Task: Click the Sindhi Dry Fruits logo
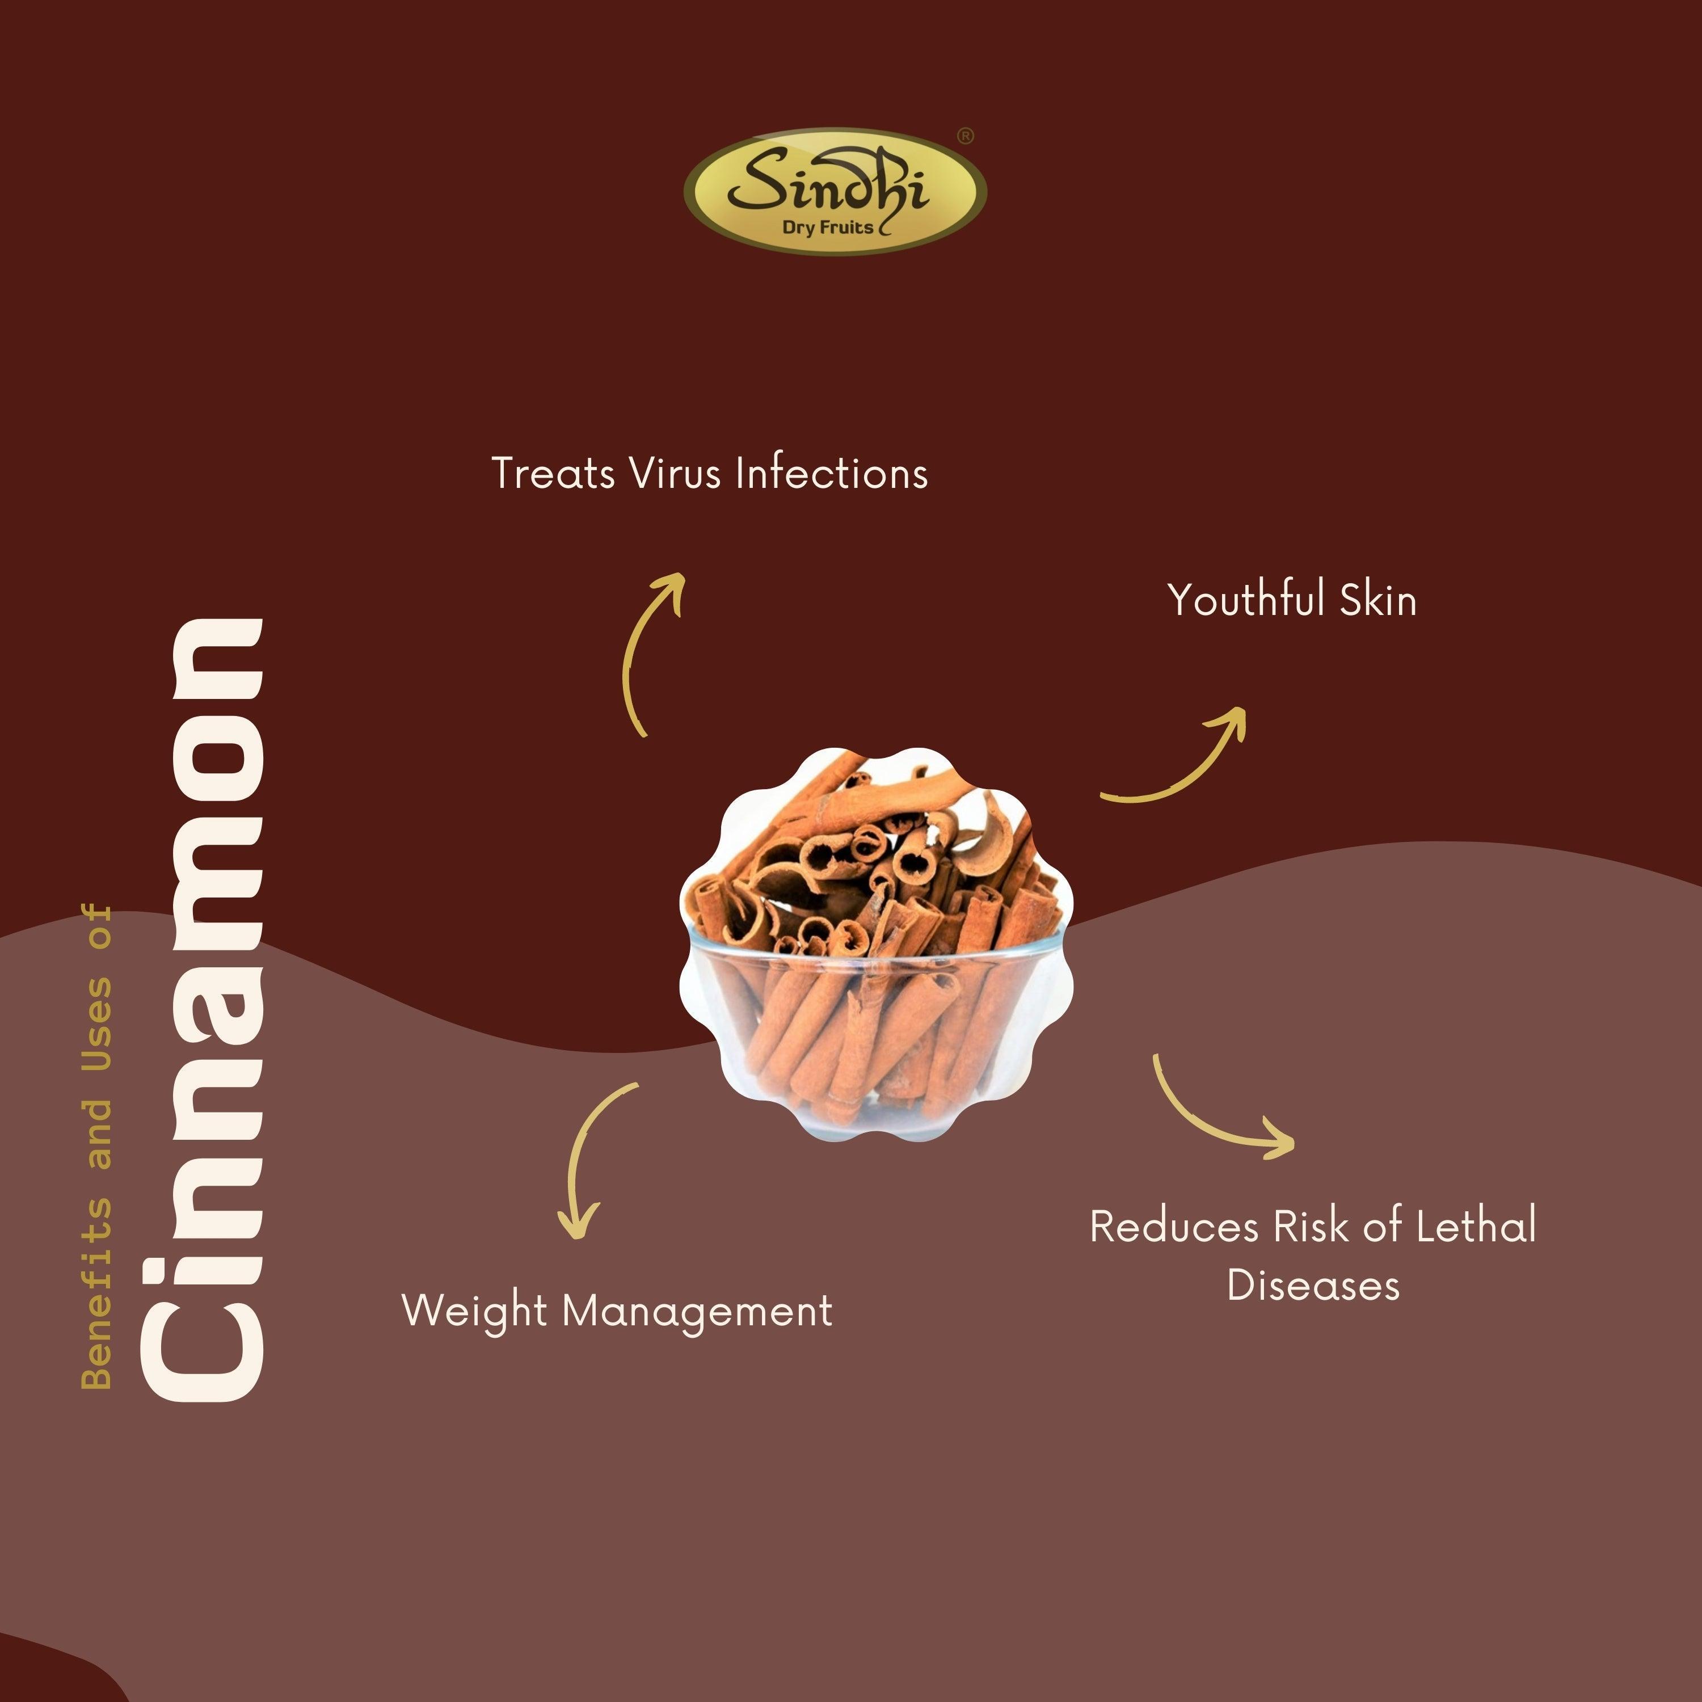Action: pos(835,191)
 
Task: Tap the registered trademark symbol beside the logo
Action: pos(966,137)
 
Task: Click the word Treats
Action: pos(553,473)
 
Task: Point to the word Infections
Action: pos(832,473)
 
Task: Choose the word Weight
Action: pos(475,1312)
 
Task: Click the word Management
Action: pos(697,1312)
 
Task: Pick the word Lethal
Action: pos(1476,1225)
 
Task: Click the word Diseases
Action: pos(1313,1286)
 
